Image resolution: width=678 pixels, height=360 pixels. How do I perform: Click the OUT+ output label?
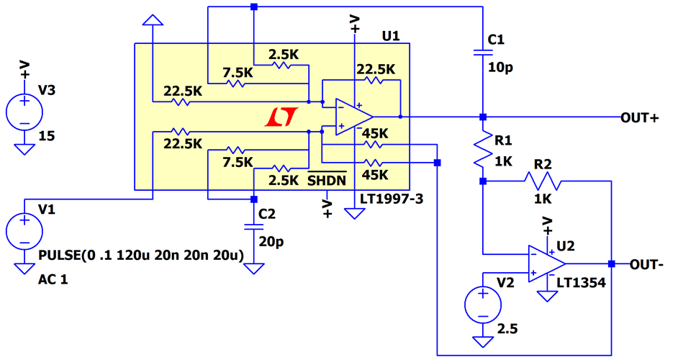[x=639, y=118]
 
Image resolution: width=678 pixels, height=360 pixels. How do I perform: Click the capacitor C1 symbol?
[x=482, y=52]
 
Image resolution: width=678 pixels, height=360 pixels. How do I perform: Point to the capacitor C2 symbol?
[x=253, y=226]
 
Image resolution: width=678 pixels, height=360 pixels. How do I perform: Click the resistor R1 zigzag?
[x=482, y=149]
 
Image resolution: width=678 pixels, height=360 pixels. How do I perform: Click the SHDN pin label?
[x=327, y=180]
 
